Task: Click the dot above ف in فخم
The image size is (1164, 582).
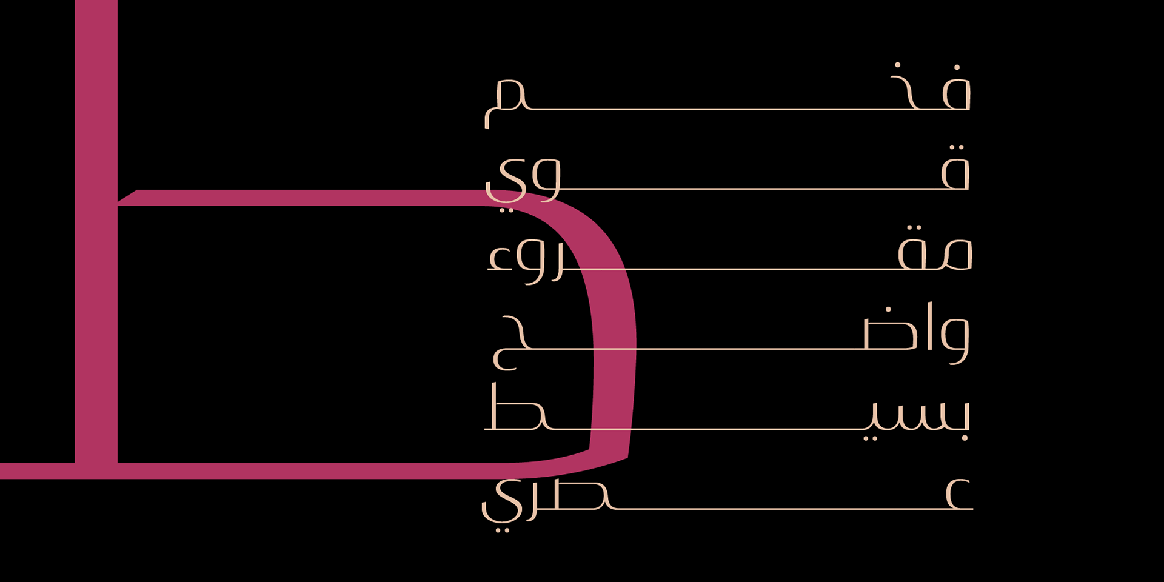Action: pos(957,67)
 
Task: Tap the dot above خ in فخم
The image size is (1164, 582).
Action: pos(897,65)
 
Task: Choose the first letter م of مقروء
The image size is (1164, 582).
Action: pos(957,255)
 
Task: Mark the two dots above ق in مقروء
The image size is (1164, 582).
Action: pos(914,227)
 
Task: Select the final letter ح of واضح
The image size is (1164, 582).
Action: pos(509,342)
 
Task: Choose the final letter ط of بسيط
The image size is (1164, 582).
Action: pos(515,412)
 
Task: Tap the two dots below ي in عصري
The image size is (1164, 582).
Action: pos(503,530)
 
